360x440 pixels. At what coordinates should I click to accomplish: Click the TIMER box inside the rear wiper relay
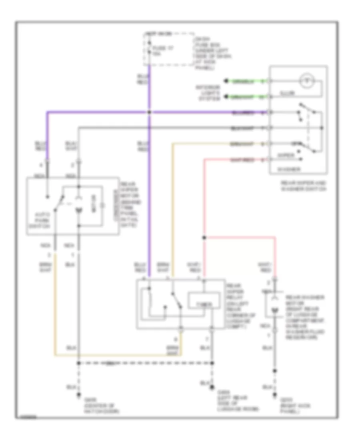coord(204,304)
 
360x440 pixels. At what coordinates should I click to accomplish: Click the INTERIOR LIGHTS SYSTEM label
coord(208,92)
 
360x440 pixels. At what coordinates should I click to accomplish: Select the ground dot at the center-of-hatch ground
coord(79,397)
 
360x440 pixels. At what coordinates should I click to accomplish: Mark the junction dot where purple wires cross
coord(149,112)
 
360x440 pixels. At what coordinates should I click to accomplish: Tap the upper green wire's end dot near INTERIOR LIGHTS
coord(226,81)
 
